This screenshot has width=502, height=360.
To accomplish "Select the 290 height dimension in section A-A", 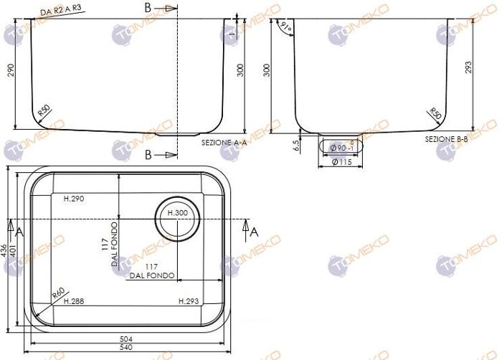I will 11,70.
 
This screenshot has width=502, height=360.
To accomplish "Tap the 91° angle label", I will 287,28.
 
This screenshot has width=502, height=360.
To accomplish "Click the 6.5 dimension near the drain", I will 296,144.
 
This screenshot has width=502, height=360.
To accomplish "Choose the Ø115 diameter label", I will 341,163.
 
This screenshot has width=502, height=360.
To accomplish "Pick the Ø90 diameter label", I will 340,148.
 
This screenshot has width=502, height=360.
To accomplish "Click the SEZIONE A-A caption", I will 224,143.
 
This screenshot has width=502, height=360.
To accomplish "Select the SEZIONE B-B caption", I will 446,138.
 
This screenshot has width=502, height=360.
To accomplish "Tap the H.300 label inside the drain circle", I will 176,213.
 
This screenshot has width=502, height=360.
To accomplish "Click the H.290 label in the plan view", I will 74,199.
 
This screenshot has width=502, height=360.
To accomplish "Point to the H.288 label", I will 74,301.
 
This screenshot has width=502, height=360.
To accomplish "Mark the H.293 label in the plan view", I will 189,301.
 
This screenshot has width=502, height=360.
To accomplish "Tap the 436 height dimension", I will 4,250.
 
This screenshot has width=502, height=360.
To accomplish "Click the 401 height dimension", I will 12,250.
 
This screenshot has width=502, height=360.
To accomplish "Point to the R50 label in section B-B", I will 435,113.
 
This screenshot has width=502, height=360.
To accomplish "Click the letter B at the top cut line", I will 148,9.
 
